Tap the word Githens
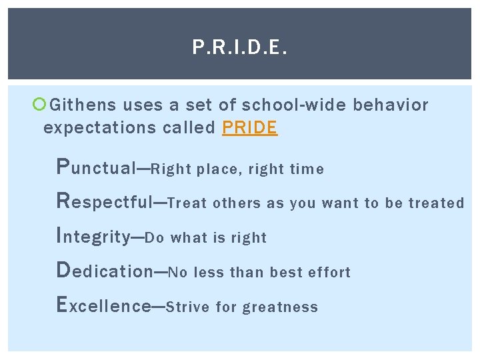tap(83, 105)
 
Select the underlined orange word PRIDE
tap(249, 128)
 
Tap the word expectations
tap(99, 128)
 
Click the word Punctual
tap(96, 168)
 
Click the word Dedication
tap(105, 271)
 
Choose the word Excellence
tap(104, 306)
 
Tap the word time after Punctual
tap(307, 169)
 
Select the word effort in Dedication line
tap(329, 273)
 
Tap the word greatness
tap(280, 307)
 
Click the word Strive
tap(188, 307)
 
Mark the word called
tap(189, 128)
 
